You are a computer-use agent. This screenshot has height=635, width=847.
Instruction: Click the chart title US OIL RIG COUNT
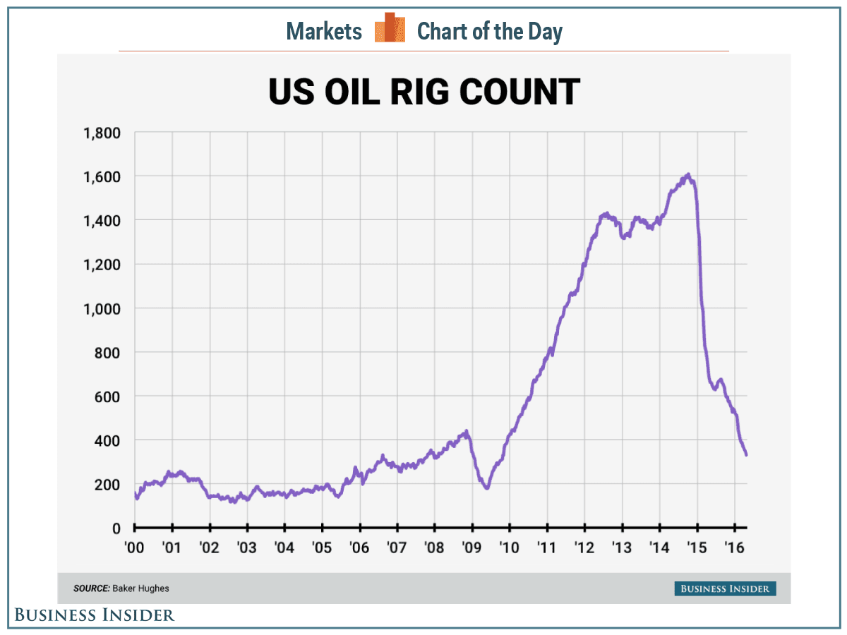(423, 92)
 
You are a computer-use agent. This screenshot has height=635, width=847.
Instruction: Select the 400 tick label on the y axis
(108, 440)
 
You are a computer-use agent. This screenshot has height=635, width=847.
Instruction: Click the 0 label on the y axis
(116, 528)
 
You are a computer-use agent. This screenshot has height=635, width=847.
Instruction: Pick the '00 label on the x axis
(134, 548)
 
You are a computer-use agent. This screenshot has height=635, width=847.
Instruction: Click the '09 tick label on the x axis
(472, 548)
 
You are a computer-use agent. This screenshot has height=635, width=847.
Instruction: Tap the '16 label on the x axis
(735, 548)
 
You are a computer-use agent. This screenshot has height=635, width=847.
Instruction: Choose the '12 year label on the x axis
(584, 548)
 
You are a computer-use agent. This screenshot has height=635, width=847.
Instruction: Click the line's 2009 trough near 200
(486, 488)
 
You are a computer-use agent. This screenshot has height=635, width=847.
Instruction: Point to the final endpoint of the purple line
(746, 455)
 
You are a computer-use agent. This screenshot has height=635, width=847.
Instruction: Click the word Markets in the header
(324, 31)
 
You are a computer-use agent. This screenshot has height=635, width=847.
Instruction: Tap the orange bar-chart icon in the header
(390, 28)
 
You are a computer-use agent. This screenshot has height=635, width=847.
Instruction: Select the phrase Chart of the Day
(490, 31)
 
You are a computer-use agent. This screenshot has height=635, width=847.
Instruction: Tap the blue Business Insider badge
(724, 588)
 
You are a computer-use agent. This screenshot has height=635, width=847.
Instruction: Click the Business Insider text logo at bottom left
(94, 615)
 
